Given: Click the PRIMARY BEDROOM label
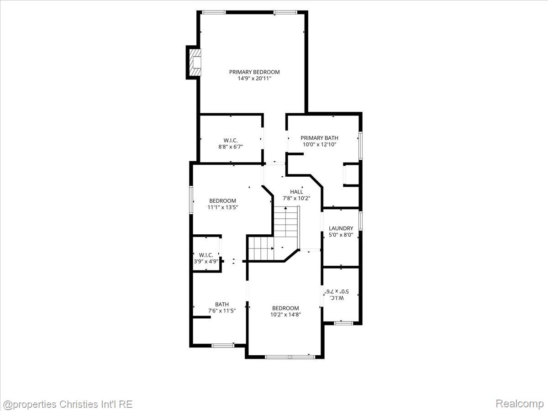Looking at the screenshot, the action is pos(254,72).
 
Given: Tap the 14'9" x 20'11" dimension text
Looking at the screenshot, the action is pos(254,79).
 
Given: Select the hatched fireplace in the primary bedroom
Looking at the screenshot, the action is pos(195,63).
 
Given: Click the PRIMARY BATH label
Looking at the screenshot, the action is pos(319,138).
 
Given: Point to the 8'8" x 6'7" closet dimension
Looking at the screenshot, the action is pos(231,147).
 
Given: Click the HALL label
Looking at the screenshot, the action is pos(296,192).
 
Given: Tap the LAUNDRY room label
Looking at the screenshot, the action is pos(341,228).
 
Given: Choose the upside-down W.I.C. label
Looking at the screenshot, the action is pos(337,298).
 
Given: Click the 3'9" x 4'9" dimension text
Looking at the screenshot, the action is pos(206,261).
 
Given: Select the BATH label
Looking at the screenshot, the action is pos(221,304).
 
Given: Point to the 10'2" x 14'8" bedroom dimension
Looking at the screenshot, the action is pos(285,315).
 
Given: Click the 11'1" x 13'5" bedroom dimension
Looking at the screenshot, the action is pos(223,207).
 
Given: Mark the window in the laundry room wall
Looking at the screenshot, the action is pos(360,221).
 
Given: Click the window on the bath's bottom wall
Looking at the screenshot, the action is pos(223,345).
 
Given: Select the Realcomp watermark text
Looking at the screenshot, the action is pos(520,404).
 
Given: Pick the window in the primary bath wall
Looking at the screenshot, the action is pos(360,146).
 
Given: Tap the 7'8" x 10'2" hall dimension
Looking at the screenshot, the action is pos(296,198).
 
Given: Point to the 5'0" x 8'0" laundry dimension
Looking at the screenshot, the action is pos(341,235).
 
